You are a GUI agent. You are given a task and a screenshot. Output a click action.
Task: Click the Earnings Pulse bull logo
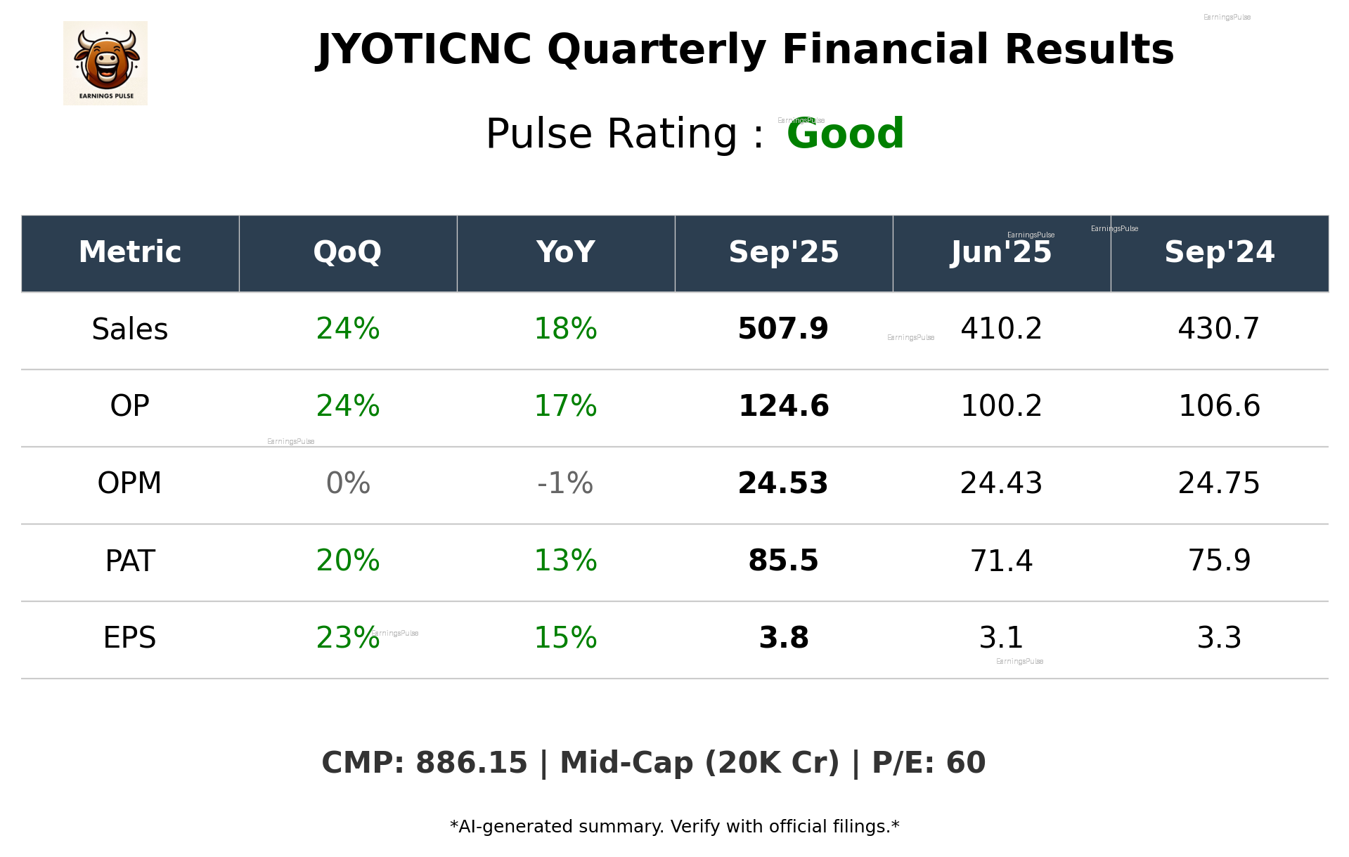105,63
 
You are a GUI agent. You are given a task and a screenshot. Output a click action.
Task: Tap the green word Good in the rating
845,133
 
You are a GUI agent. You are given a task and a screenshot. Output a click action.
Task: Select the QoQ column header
347,252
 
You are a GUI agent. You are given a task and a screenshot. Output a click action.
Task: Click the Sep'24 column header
1219,252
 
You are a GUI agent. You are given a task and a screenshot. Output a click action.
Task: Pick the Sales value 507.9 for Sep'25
783,329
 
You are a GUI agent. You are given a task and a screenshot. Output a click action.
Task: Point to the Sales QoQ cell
347,329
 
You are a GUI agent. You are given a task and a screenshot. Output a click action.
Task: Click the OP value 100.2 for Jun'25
1001,406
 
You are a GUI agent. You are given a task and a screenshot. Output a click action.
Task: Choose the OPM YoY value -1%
565,483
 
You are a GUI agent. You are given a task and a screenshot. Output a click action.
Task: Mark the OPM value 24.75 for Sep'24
1219,483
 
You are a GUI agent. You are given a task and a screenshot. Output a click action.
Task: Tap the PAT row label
130,561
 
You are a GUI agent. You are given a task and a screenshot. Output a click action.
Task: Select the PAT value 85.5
783,561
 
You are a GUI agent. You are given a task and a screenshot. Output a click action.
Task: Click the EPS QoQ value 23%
347,638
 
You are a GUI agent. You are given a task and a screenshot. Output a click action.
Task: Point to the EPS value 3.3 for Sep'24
1219,638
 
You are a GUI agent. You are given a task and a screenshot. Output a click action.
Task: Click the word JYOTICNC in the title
424,50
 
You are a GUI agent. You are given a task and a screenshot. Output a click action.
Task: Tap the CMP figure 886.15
471,763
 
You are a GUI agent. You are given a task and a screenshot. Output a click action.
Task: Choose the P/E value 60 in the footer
966,763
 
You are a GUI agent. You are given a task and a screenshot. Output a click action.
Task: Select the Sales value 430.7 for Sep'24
1219,329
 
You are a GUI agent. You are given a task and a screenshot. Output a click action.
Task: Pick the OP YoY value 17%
565,406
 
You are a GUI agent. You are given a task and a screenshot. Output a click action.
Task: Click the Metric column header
130,252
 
